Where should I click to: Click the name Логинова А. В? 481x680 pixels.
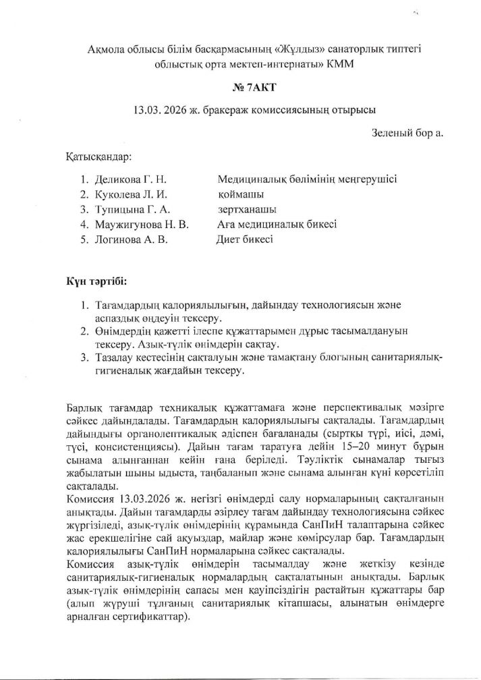tap(130, 239)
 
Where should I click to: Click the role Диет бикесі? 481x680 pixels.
tap(244, 239)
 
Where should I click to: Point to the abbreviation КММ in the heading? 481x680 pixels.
tap(337, 65)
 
